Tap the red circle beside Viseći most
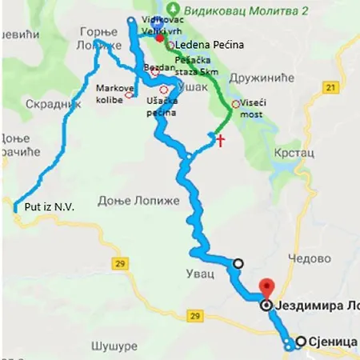tap(235, 104)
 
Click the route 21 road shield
tap(330, 85)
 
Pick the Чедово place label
tap(313, 259)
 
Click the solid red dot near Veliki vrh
tap(160, 38)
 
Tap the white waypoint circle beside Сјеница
tap(300, 342)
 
